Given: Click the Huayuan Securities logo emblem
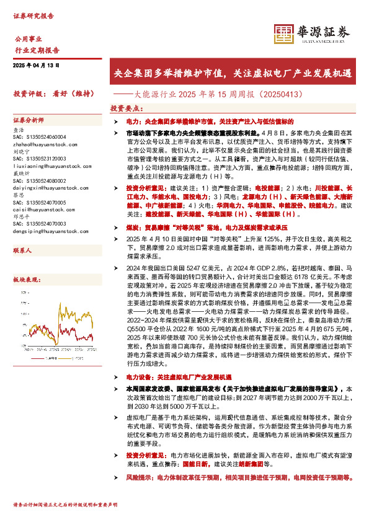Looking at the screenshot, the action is pos(284,33).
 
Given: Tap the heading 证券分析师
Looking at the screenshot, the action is pos(29,120).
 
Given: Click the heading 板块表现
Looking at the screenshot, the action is pos(26,280).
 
